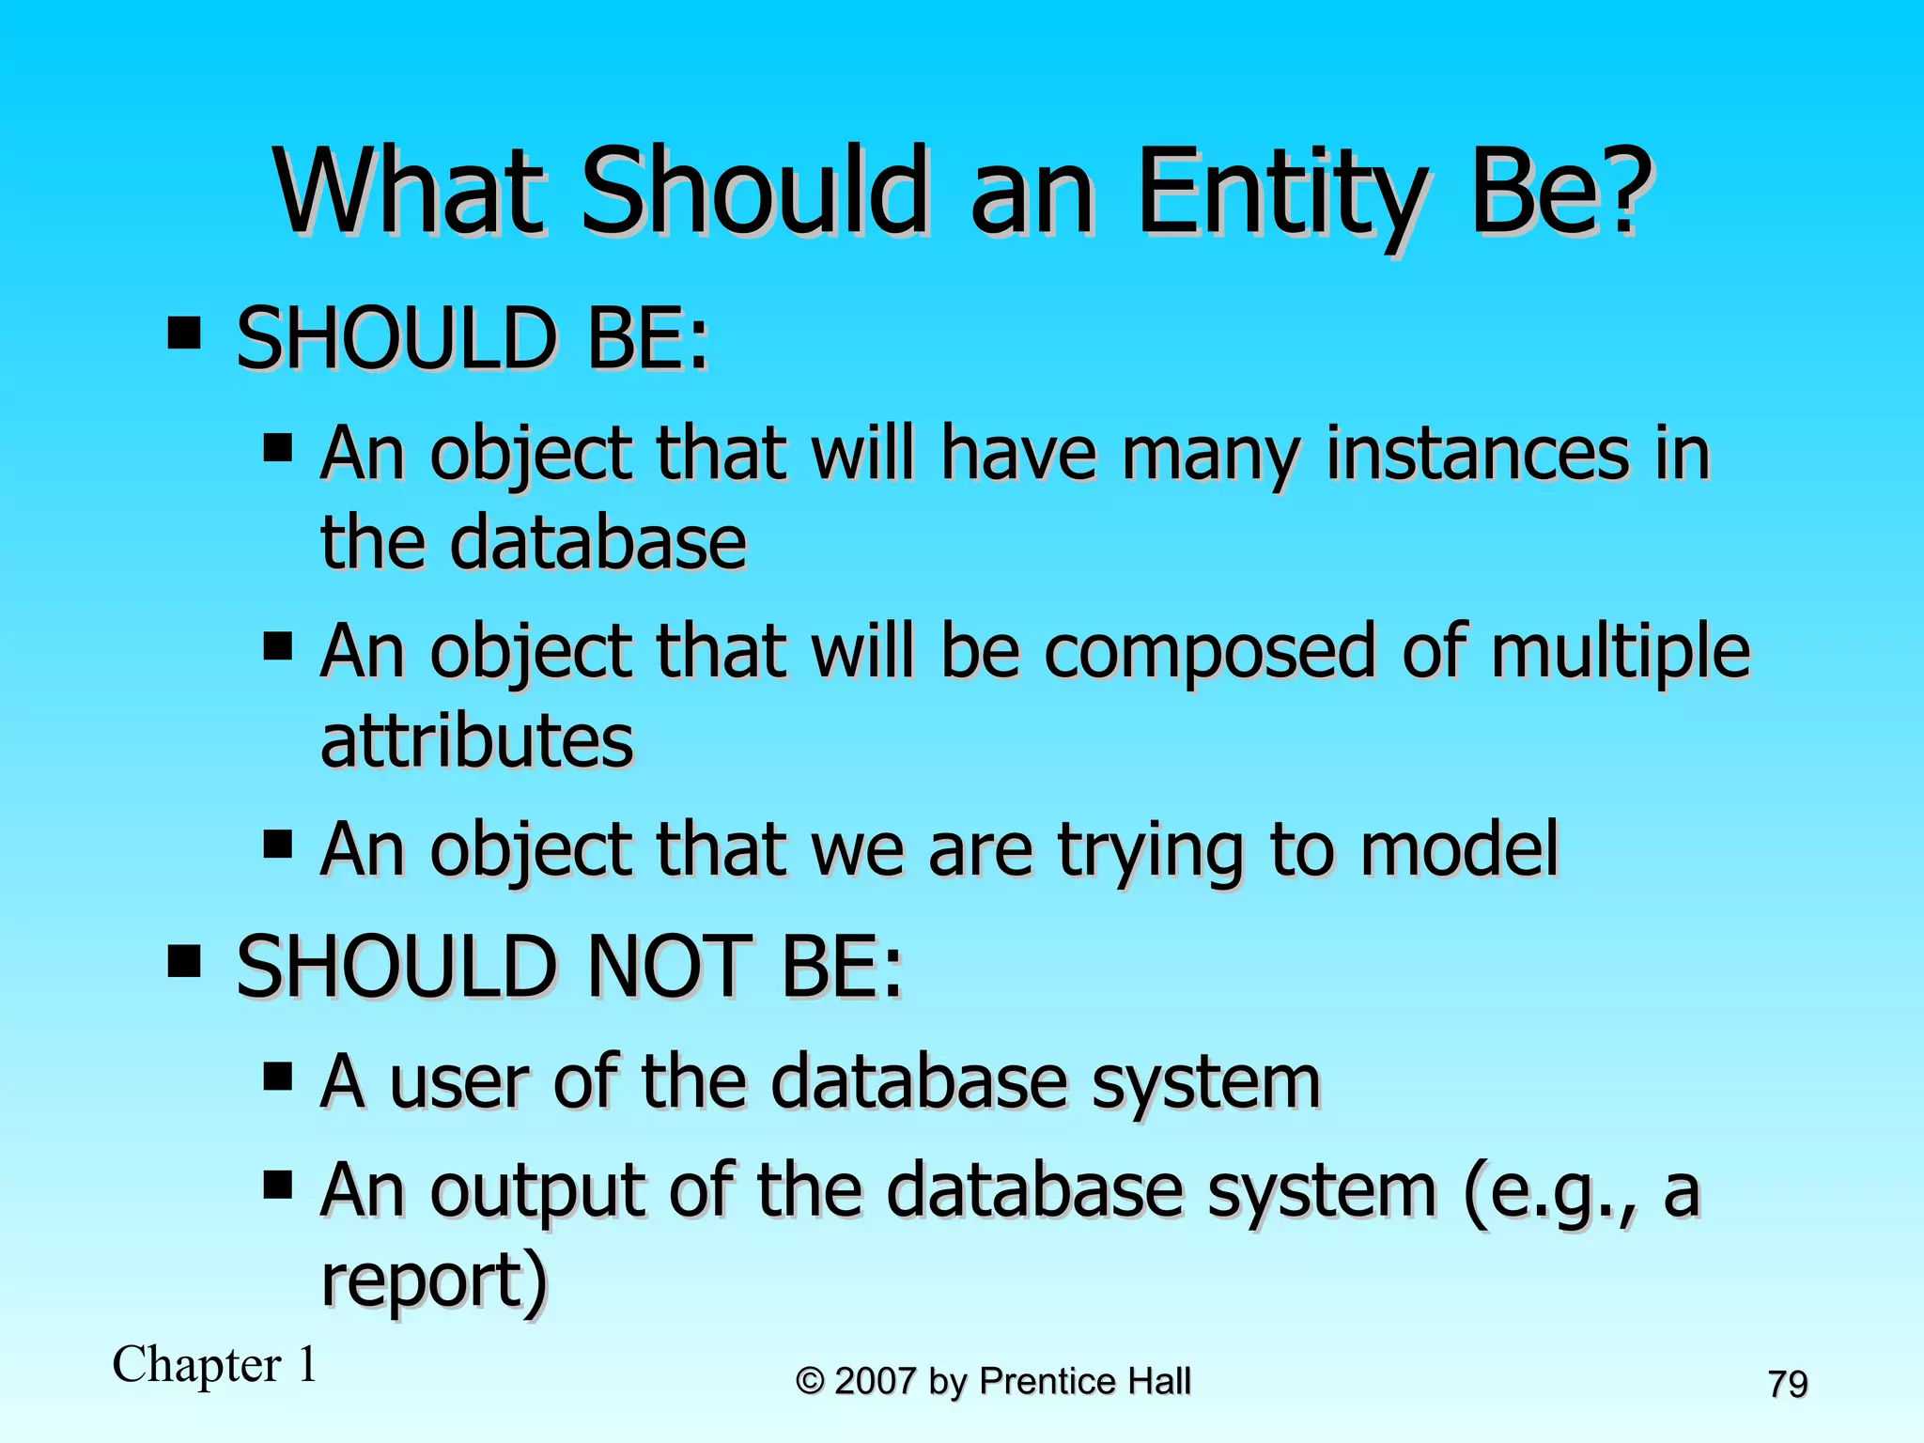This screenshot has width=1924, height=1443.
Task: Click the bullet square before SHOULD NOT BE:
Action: pos(184,961)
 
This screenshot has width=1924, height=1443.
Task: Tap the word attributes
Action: pos(477,740)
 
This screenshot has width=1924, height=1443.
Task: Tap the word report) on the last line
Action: pos(433,1281)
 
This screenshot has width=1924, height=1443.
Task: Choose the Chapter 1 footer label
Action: pos(215,1364)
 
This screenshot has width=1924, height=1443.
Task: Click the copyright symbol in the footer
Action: pos(810,1382)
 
